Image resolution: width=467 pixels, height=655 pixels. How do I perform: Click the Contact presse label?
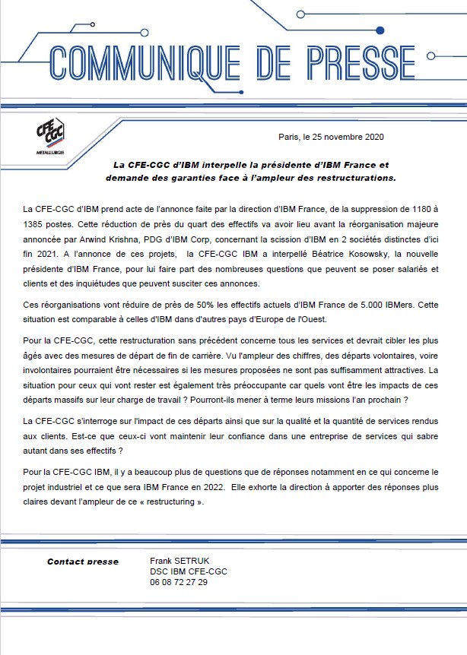(x=83, y=562)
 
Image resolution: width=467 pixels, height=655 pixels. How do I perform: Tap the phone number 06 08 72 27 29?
(x=179, y=582)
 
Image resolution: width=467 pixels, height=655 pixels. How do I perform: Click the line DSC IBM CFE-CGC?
(x=189, y=571)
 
